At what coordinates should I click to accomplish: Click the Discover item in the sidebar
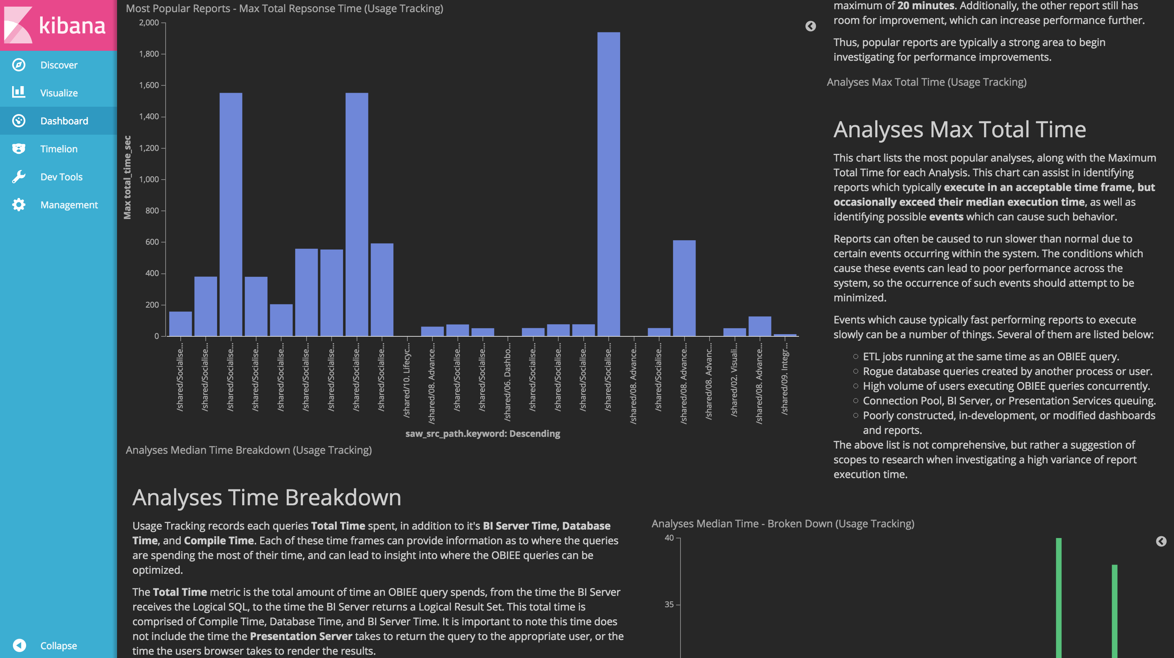(59, 65)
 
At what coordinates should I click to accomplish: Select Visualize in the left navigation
(59, 93)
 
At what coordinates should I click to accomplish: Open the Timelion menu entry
(59, 149)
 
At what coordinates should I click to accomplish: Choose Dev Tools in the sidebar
(61, 177)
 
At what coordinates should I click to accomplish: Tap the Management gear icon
(19, 205)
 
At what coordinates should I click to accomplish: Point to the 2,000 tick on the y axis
(149, 23)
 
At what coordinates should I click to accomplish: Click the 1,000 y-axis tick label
(149, 180)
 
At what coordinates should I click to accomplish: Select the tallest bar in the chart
(608, 182)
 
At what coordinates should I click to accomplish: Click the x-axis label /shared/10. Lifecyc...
(407, 381)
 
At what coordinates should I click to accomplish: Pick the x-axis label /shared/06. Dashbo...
(507, 383)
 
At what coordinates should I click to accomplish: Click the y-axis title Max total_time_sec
(127, 177)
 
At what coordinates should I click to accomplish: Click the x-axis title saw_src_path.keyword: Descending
(482, 434)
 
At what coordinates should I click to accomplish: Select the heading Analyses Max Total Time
(959, 130)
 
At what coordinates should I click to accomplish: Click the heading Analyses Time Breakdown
(266, 497)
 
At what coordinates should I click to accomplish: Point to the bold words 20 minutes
(926, 6)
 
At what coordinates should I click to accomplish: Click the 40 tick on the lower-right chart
(669, 538)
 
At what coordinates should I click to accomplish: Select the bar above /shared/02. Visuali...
(734, 332)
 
